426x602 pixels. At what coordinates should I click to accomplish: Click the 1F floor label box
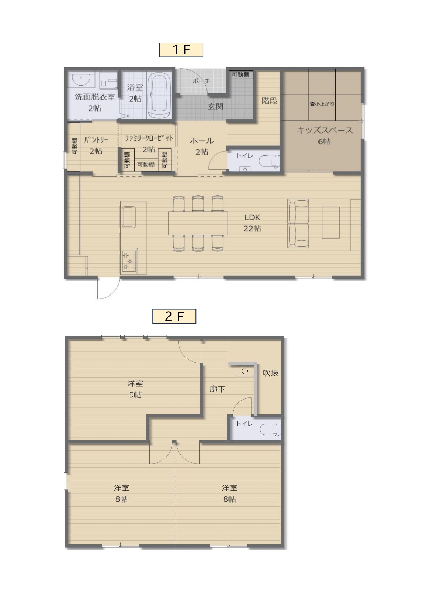pos(181,50)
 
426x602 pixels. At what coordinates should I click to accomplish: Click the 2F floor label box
pos(174,316)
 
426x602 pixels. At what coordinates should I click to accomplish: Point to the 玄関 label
pos(216,106)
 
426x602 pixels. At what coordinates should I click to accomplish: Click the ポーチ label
pos(201,81)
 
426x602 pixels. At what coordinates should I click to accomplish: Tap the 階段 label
pos(270,101)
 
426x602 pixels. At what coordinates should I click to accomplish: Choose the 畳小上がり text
pos(322,104)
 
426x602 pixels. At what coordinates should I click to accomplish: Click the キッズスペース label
pos(325,130)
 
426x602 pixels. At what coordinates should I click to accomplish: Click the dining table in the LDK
pos(198,223)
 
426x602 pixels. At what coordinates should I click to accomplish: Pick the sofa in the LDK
pos(298,223)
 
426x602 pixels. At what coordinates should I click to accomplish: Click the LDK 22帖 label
pos(253,223)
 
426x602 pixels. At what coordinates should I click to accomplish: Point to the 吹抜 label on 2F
pos(271,373)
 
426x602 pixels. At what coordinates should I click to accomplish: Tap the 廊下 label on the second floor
pos(217,389)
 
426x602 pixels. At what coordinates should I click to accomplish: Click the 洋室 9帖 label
pos(135,389)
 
